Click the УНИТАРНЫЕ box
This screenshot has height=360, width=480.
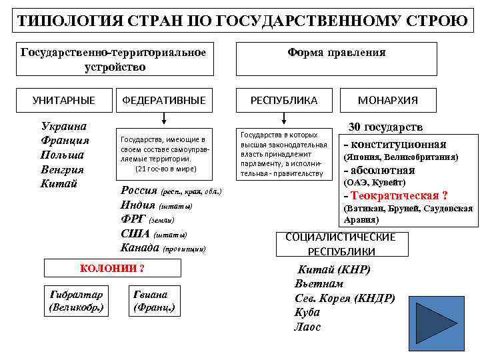(x=64, y=100)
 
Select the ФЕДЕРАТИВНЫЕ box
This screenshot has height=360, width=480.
(x=164, y=100)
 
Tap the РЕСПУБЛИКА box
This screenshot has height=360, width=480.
(x=284, y=100)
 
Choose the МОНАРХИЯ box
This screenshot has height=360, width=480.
(x=388, y=100)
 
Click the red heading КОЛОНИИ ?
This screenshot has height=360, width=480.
(x=112, y=269)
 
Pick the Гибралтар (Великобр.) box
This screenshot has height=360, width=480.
(x=77, y=301)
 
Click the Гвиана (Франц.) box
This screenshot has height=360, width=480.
(x=154, y=301)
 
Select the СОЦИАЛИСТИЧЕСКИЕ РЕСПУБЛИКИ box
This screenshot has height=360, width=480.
(x=341, y=244)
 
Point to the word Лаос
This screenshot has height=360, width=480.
(x=308, y=327)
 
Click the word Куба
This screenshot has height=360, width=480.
(x=308, y=312)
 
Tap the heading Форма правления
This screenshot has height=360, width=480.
(x=336, y=52)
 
